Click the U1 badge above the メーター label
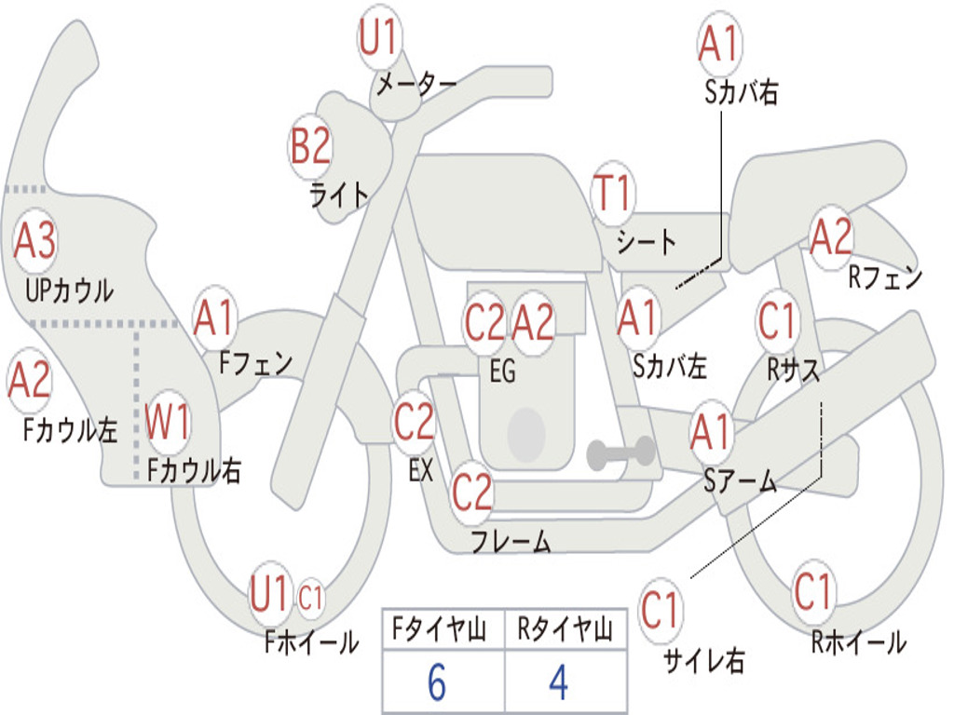[x=379, y=36]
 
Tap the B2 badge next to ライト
[x=310, y=146]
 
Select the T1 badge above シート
[x=613, y=193]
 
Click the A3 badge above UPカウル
[x=34, y=240]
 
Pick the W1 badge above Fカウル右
[x=168, y=422]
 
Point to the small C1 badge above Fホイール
[x=310, y=597]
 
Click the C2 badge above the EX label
[x=414, y=422]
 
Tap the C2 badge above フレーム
[x=471, y=492]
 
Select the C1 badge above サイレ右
[x=660, y=609]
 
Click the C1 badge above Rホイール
[x=812, y=590]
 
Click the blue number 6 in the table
[x=437, y=682]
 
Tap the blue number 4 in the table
[x=559, y=682]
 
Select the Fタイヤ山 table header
[x=440, y=629]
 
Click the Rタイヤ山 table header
[x=566, y=629]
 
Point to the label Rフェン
[x=885, y=277]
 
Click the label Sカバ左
[x=670, y=366]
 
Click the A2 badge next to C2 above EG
[x=533, y=323]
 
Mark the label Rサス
[x=794, y=369]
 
